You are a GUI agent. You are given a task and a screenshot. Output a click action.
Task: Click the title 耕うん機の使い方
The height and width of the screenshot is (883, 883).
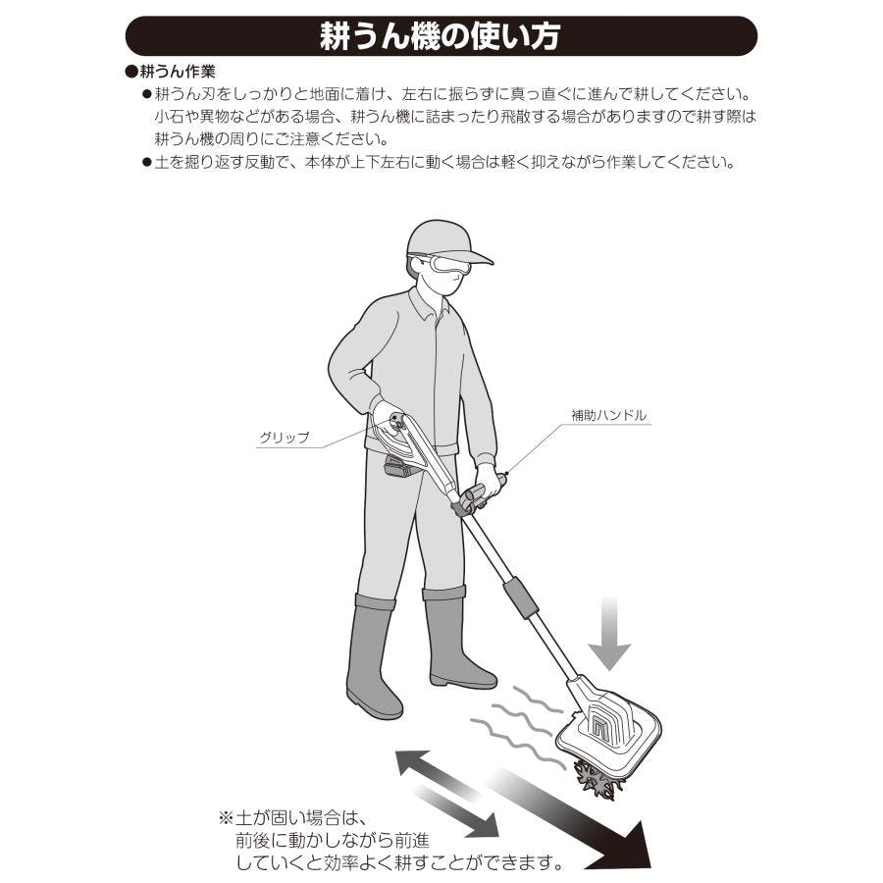click(440, 36)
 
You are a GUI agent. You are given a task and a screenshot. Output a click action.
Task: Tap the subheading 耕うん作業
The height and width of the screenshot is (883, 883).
click(178, 72)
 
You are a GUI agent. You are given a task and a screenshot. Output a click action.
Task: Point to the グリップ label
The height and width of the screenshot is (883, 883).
click(285, 437)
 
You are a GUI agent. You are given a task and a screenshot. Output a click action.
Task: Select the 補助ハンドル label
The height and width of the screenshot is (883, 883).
click(608, 415)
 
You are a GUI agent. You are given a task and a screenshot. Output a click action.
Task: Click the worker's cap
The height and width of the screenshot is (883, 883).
click(444, 241)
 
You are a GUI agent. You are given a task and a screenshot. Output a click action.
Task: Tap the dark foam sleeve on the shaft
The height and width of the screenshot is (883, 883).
click(520, 597)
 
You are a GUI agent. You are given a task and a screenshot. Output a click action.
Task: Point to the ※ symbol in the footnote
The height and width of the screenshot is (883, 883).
click(226, 817)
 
